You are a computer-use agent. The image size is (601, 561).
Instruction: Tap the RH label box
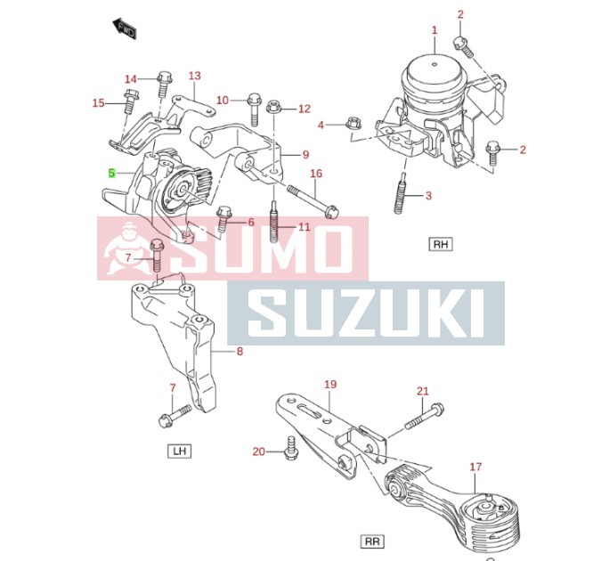(440, 243)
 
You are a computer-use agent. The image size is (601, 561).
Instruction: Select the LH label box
(180, 451)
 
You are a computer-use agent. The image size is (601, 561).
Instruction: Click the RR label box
(372, 541)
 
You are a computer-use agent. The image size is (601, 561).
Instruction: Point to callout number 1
(435, 31)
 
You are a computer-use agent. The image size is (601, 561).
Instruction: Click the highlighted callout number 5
(112, 173)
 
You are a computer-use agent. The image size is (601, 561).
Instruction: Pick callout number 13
(195, 76)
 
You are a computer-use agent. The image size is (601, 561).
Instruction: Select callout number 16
(316, 174)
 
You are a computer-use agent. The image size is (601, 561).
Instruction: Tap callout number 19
(330, 385)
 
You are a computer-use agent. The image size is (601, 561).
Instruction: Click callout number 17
(475, 466)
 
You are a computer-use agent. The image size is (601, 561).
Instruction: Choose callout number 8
(239, 353)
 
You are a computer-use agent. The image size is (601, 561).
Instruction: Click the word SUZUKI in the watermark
(365, 313)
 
